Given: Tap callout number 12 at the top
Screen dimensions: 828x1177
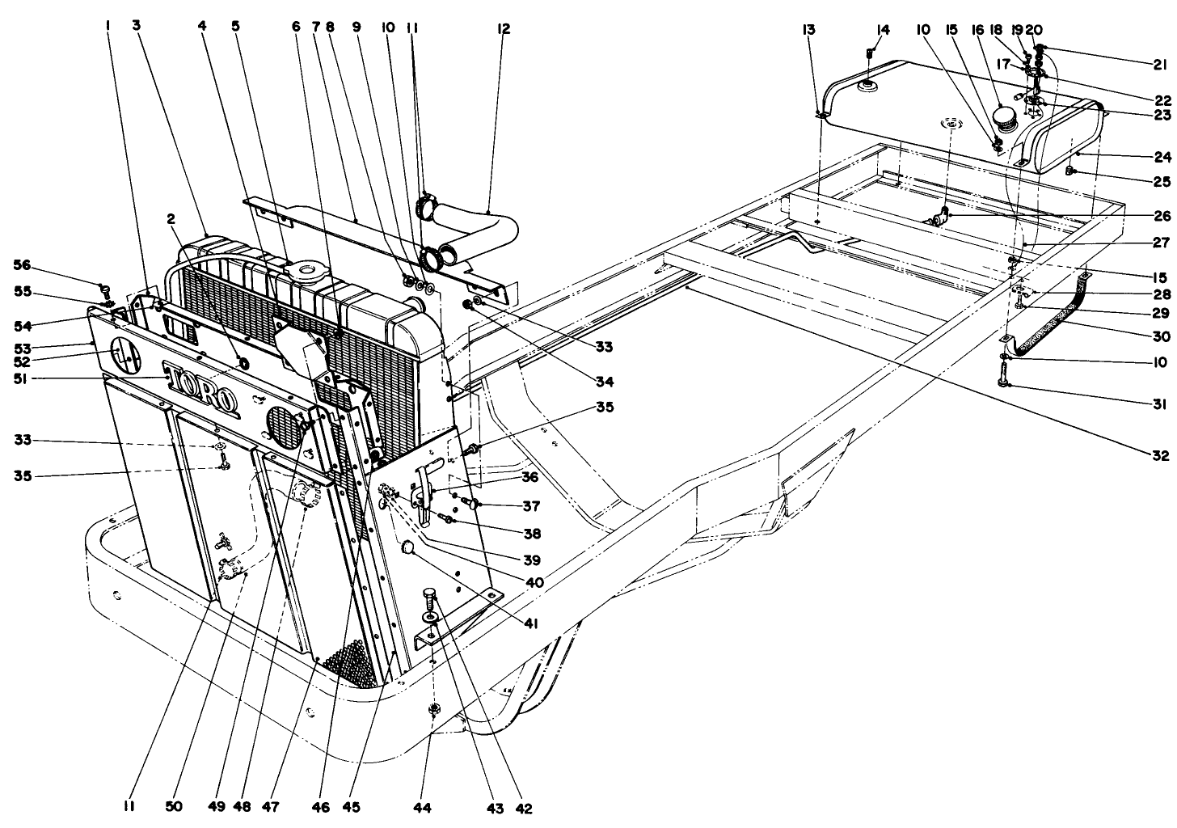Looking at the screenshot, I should tap(504, 28).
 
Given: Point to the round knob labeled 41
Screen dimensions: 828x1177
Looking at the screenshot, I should tap(408, 549).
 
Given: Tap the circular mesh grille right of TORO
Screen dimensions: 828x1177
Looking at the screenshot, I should tap(283, 422).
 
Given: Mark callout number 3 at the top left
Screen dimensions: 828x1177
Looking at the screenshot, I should tap(137, 26).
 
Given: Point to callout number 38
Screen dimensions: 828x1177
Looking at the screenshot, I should tap(531, 534).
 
